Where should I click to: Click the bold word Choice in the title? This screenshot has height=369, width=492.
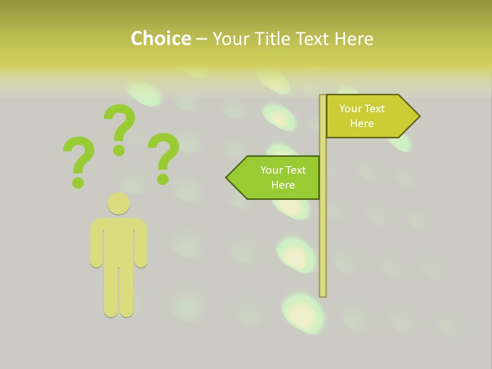(x=160, y=38)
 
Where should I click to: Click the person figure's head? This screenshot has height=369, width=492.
(x=118, y=203)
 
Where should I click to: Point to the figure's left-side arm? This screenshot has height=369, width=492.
(x=96, y=246)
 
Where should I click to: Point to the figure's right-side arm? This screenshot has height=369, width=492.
(x=141, y=246)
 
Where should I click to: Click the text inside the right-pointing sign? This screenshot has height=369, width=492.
(x=362, y=116)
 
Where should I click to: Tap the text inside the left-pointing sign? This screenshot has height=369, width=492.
(x=283, y=177)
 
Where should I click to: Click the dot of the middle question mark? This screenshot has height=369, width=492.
(x=119, y=150)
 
